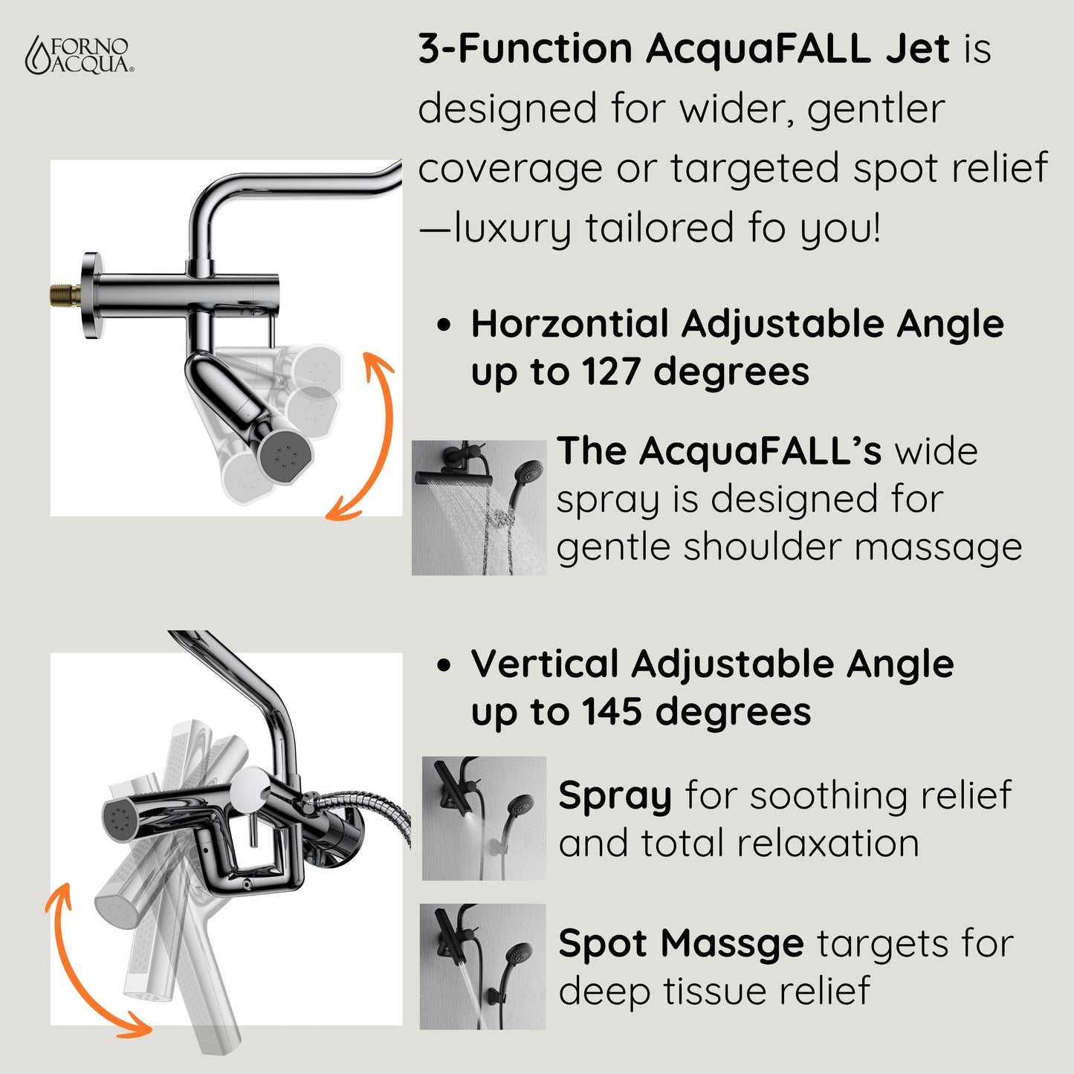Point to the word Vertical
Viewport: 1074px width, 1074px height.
coord(545,664)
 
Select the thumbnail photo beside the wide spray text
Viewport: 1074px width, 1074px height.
coord(479,508)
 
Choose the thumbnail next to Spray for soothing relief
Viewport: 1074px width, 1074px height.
coord(484,818)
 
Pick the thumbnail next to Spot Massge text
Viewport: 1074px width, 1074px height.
coord(482,966)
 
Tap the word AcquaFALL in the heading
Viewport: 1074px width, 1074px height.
coord(757,49)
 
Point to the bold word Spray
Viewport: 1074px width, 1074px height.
coord(615,797)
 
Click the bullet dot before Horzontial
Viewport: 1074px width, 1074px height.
coord(444,325)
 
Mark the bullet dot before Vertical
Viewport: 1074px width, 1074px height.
coord(444,664)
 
